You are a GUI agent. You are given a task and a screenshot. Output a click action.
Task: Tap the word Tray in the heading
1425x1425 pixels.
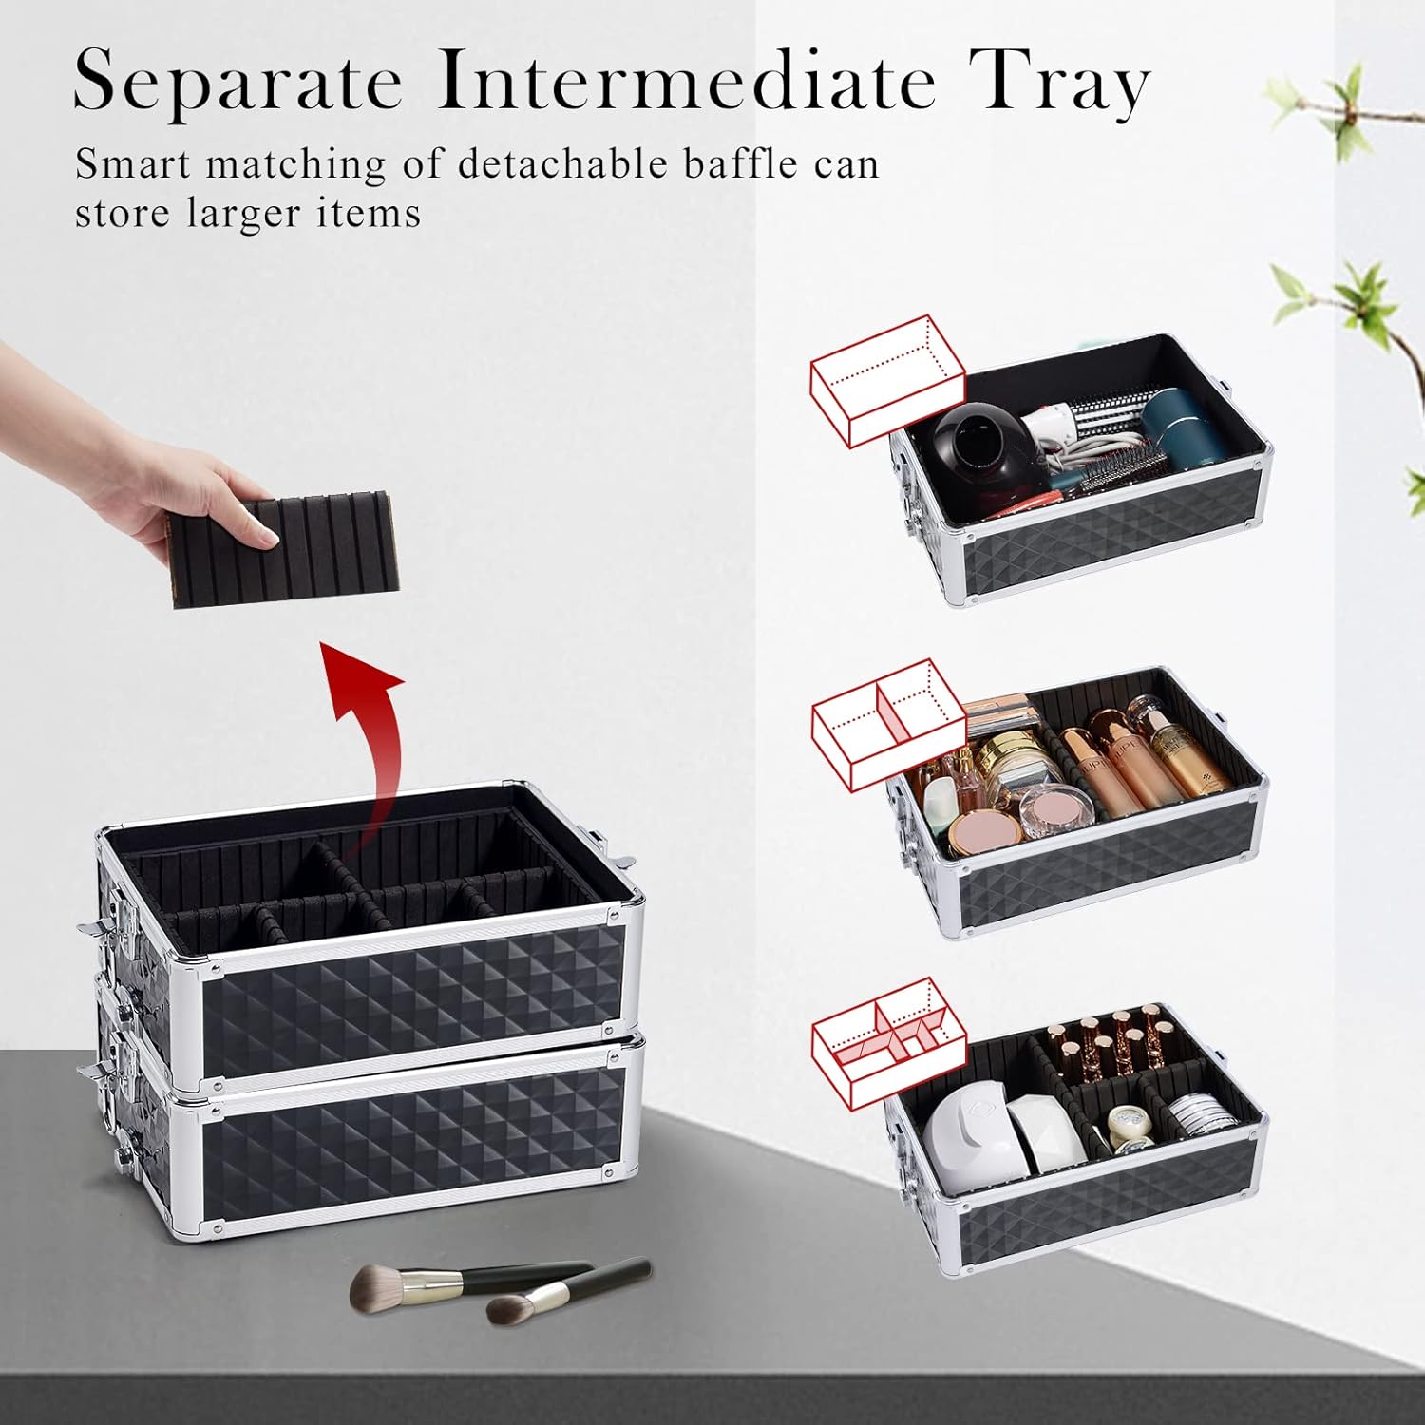1060,84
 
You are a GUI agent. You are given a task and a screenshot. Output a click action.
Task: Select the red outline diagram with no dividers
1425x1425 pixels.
887,380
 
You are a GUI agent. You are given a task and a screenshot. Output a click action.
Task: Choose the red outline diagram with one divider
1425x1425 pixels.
888,724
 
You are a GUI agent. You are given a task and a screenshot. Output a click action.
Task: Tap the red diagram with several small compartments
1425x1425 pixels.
888,1042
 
